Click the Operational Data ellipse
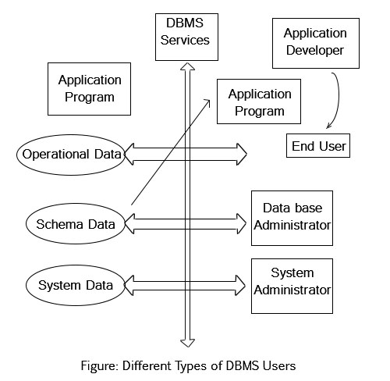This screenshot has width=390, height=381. [x=71, y=154]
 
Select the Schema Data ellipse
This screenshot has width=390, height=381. [x=76, y=225]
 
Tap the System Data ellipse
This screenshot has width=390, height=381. [x=76, y=285]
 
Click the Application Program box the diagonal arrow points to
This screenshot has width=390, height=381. [x=260, y=102]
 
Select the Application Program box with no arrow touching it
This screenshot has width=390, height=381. [x=90, y=89]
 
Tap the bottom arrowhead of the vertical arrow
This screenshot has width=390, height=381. [x=187, y=340]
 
